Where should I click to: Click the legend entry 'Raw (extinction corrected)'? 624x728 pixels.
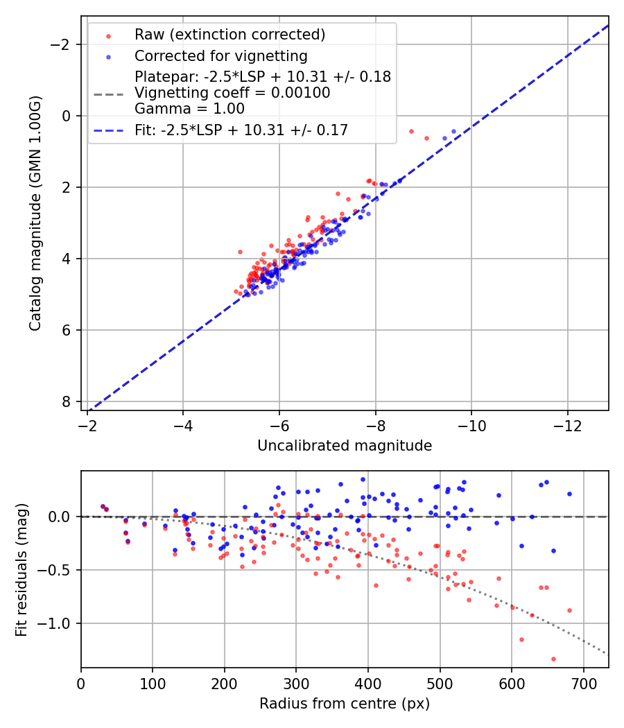click(x=229, y=35)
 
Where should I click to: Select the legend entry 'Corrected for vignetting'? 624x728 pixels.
click(x=220, y=55)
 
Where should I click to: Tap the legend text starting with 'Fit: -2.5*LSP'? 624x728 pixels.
click(x=241, y=130)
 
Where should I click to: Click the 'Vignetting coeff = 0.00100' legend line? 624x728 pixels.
click(x=232, y=92)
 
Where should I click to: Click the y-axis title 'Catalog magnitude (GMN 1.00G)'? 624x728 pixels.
click(x=35, y=214)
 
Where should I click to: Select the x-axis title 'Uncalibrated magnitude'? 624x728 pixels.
click(x=345, y=446)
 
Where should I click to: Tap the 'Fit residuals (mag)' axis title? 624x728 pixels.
click(x=21, y=570)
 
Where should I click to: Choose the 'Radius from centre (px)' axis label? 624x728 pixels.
click(x=345, y=704)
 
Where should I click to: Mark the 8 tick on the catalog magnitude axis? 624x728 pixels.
click(x=67, y=401)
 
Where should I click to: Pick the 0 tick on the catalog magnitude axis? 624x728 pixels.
click(x=67, y=116)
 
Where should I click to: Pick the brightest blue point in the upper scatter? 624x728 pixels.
click(x=453, y=131)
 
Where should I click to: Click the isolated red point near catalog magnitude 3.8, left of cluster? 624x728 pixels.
click(x=240, y=252)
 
